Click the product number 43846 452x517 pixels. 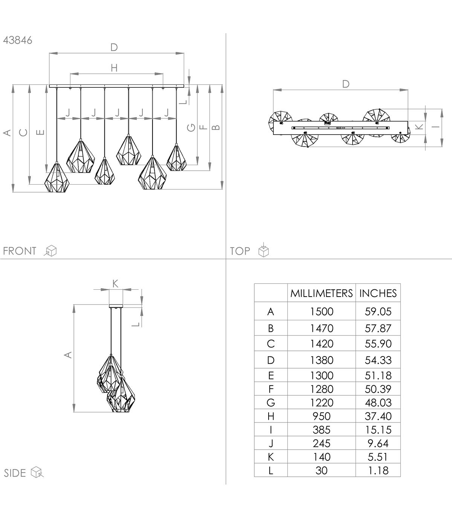18,40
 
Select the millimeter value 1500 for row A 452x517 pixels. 321,312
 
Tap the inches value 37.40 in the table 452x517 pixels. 378,416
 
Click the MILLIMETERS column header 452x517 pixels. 321,293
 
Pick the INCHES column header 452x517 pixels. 378,293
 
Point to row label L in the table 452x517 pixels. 271,471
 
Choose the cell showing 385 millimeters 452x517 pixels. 321,430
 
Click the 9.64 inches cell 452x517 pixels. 378,444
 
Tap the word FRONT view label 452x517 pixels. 20,251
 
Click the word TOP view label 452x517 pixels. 240,251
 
